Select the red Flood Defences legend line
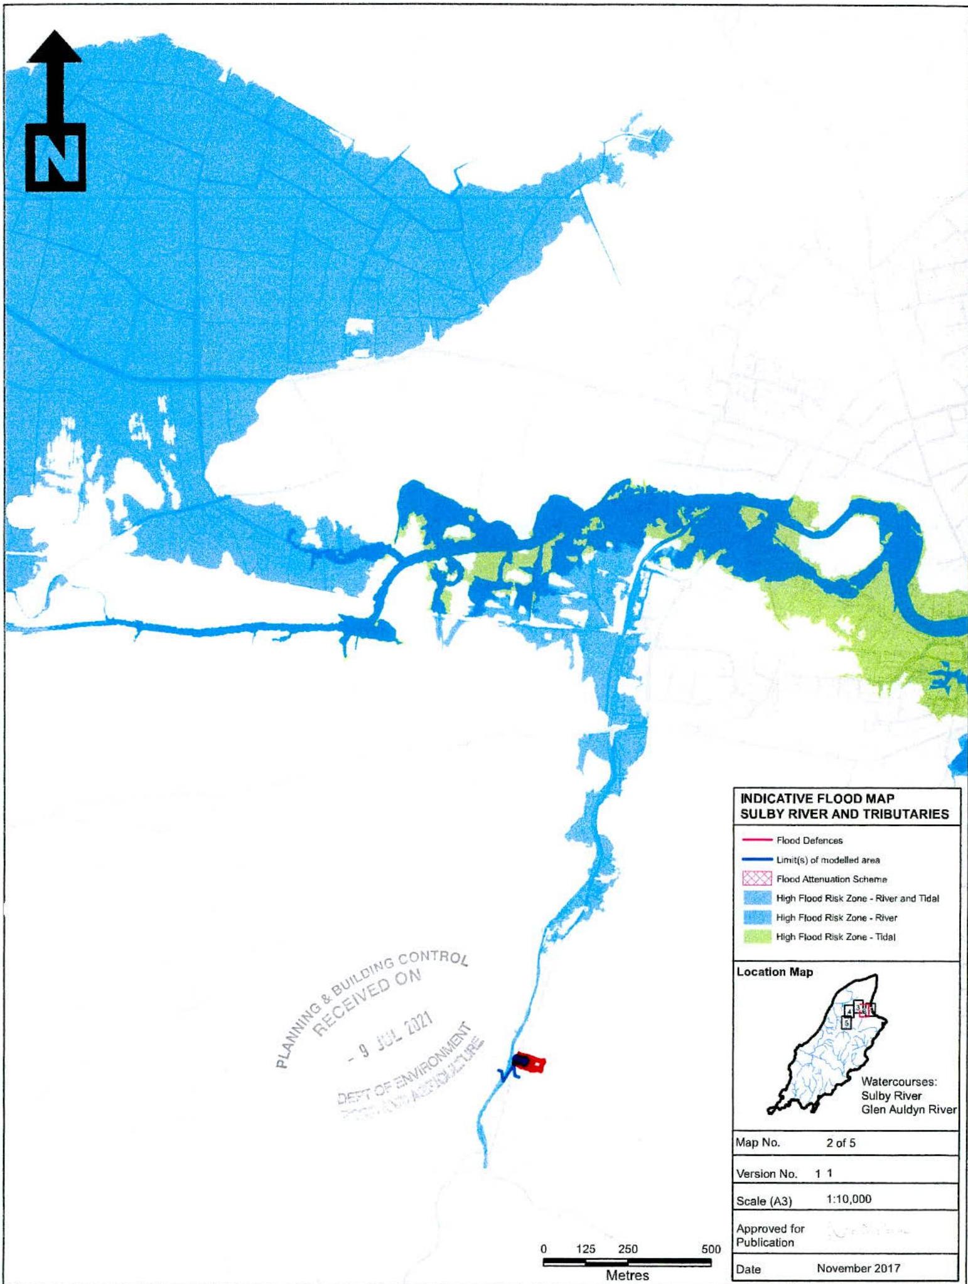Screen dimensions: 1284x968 click(x=756, y=841)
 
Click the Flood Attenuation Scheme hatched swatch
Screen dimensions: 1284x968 click(x=756, y=879)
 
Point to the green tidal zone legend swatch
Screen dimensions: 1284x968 click(x=756, y=937)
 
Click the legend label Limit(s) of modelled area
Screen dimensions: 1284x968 click(x=827, y=860)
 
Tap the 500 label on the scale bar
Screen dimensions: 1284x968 click(x=711, y=1249)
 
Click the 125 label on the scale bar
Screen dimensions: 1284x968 click(x=585, y=1249)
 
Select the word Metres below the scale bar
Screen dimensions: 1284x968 click(x=627, y=1275)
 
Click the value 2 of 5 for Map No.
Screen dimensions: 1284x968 click(x=841, y=1143)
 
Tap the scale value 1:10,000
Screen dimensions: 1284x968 click(x=849, y=1199)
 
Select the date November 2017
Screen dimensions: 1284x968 click(x=858, y=1268)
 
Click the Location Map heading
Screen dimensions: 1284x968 click(x=775, y=972)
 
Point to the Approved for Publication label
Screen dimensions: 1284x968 click(x=770, y=1235)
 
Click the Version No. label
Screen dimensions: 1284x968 click(x=766, y=1173)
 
